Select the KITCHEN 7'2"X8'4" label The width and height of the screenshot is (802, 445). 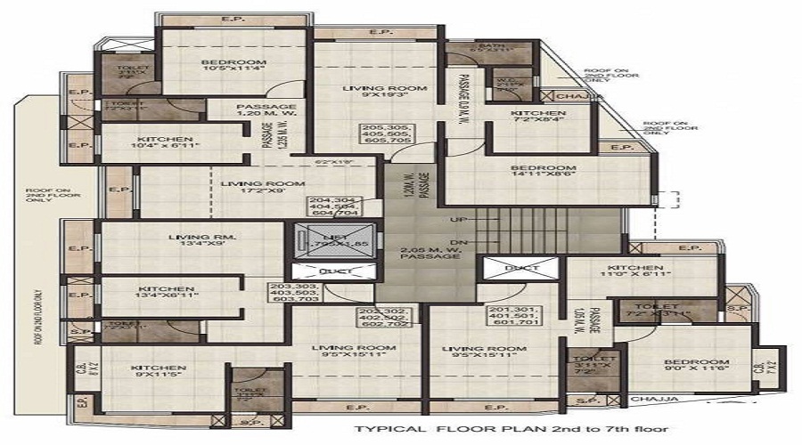point(537,119)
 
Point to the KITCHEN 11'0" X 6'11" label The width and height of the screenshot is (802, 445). point(634,273)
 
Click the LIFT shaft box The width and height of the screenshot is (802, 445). point(324,240)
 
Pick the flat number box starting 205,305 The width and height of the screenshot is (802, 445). point(385,134)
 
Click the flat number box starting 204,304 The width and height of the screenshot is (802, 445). point(332,206)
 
